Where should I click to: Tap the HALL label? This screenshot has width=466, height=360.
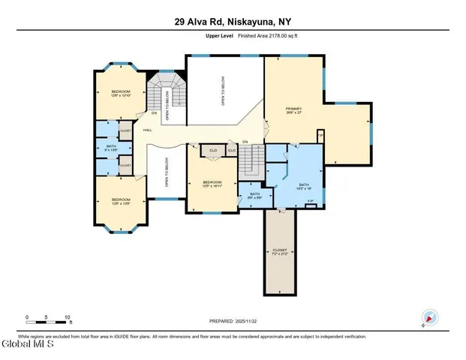(148, 130)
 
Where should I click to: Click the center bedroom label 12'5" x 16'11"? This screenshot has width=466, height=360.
(212, 184)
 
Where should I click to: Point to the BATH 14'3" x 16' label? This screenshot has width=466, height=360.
(304, 187)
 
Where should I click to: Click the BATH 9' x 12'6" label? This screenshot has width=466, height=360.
(111, 148)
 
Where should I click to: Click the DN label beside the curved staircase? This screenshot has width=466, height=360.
(154, 114)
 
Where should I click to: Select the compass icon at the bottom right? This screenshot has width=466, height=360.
(429, 318)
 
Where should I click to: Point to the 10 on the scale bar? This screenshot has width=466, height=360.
(68, 317)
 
